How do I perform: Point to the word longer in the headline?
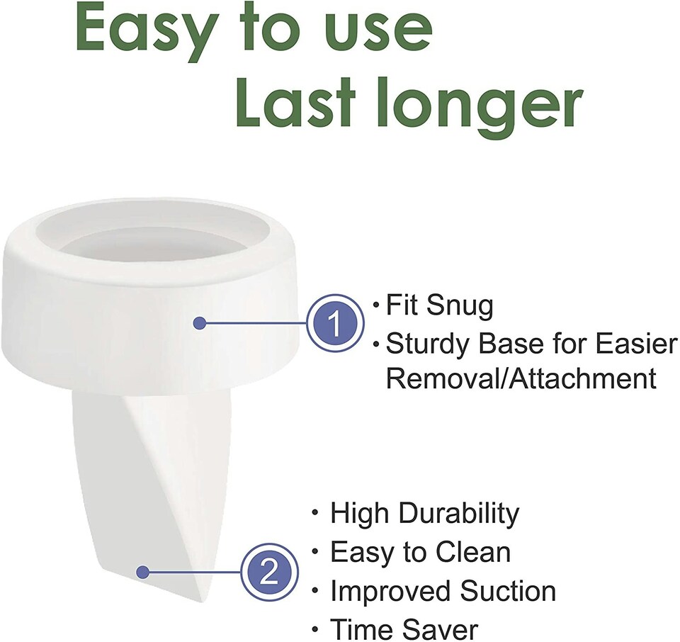(x=479, y=108)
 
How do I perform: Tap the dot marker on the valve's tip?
(x=142, y=571)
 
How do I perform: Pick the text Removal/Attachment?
(x=521, y=378)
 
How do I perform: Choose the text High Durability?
(x=424, y=514)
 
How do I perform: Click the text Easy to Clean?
(x=420, y=552)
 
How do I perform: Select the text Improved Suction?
(x=443, y=590)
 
